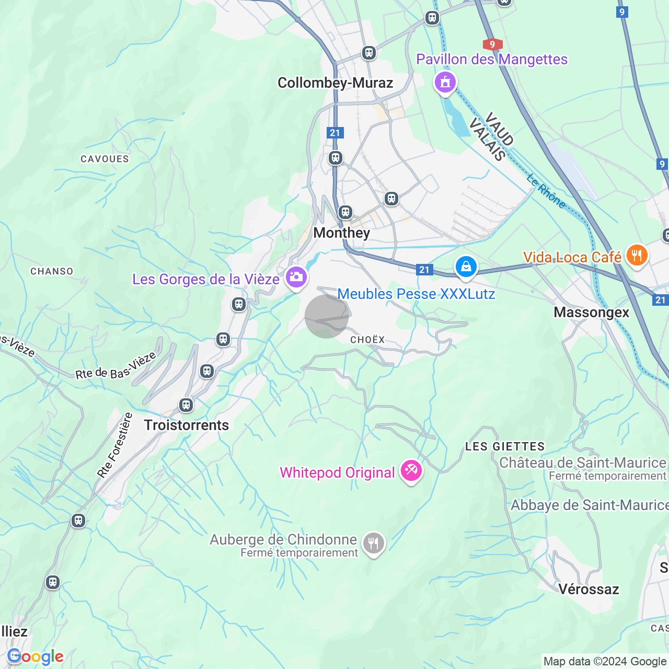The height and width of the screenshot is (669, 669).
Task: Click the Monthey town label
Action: tap(341, 233)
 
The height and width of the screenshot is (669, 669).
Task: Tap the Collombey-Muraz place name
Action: tap(335, 83)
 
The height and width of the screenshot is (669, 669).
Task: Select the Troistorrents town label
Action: tap(187, 425)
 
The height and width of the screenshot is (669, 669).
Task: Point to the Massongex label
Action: tap(591, 312)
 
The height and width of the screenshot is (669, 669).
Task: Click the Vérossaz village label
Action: tap(589, 589)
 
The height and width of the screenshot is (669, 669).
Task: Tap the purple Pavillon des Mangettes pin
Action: tap(445, 83)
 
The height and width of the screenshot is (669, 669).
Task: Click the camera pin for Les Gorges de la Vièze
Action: tap(296, 277)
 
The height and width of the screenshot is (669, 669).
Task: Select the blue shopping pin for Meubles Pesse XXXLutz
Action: tap(466, 267)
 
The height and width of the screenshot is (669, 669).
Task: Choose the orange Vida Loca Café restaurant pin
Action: tap(637, 256)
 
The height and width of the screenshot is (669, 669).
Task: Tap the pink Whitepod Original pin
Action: tap(411, 471)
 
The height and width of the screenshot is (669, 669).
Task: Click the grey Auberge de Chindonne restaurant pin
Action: tap(373, 544)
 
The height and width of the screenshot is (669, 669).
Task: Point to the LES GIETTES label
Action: tap(505, 446)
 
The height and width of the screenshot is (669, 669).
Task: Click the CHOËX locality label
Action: tap(367, 340)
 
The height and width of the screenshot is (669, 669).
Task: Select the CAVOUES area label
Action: tap(105, 159)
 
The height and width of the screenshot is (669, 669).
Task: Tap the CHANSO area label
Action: tap(52, 271)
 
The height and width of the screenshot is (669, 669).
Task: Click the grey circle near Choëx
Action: tap(327, 316)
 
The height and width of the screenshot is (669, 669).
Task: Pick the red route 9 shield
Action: tap(492, 44)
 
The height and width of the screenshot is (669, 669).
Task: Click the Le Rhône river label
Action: tap(546, 191)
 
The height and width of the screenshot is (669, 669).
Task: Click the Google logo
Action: tap(36, 656)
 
